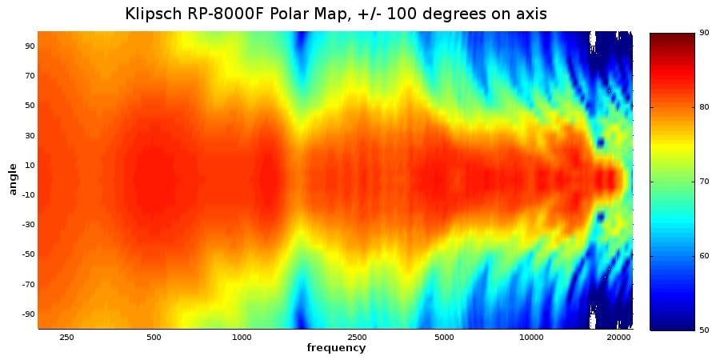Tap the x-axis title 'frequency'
[336, 348]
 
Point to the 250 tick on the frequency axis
[66, 338]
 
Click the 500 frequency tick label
[154, 338]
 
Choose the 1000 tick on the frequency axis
[242, 338]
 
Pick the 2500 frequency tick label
[357, 338]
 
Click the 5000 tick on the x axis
[444, 338]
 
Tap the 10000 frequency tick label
[531, 338]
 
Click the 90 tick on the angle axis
[30, 46]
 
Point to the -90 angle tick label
[27, 314]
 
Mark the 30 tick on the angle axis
[30, 135]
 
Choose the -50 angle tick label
[27, 254]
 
